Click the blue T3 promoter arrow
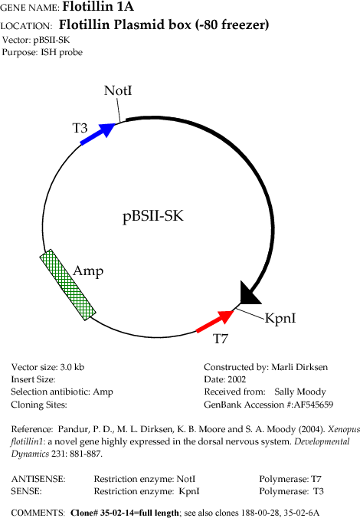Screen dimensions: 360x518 (x=98, y=133)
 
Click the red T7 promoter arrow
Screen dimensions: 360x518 (x=215, y=321)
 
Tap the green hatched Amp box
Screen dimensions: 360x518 (x=68, y=285)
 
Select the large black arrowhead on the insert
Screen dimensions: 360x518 (x=250, y=293)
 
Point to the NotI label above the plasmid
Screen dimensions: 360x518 (x=118, y=90)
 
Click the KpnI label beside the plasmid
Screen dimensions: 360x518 (x=280, y=318)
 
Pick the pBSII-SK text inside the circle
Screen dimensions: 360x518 (x=153, y=216)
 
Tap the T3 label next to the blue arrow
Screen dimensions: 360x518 (x=80, y=128)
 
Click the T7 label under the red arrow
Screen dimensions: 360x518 (x=221, y=339)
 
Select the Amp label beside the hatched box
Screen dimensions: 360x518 (x=88, y=271)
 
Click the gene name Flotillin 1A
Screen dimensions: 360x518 (x=98, y=6)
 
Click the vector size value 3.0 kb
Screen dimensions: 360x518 (x=72, y=367)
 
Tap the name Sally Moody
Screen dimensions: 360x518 (x=300, y=392)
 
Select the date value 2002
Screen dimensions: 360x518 (x=237, y=379)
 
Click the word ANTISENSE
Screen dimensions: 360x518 (x=38, y=479)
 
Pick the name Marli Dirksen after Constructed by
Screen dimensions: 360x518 (x=299, y=367)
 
